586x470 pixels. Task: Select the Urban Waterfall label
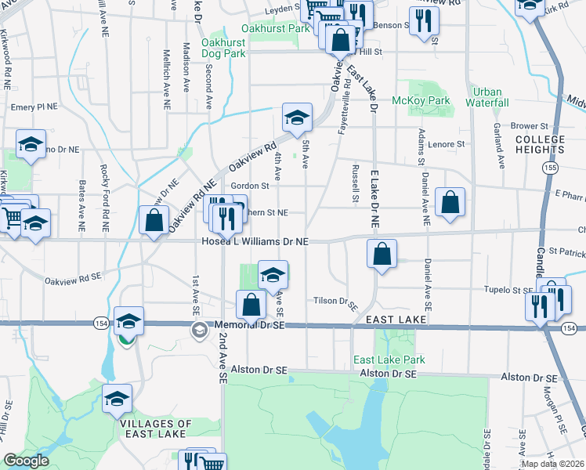click(x=487, y=97)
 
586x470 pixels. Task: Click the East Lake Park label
click(x=389, y=360)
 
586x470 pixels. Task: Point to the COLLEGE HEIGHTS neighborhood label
click(x=540, y=145)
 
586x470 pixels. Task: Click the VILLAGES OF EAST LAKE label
click(x=157, y=428)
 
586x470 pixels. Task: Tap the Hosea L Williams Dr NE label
click(x=255, y=242)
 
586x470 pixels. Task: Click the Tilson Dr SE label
click(x=335, y=301)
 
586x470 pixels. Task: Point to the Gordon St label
click(x=250, y=186)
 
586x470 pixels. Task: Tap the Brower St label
click(x=529, y=125)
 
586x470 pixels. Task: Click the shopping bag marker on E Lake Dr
click(x=381, y=255)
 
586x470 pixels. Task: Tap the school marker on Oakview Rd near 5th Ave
click(x=297, y=118)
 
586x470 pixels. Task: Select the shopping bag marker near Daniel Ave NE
click(x=450, y=203)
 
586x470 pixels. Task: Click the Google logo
click(x=26, y=461)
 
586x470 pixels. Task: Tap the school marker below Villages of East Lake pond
click(x=117, y=399)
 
